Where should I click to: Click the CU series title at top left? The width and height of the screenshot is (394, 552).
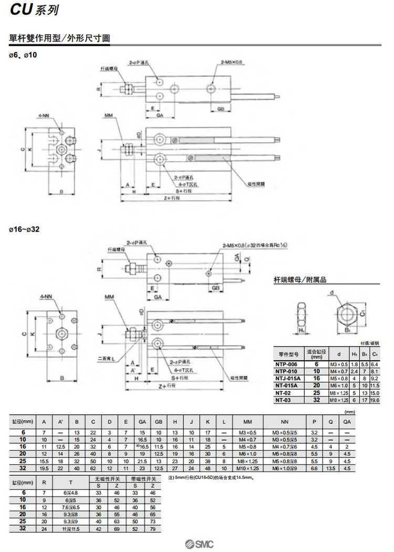pos(34,9)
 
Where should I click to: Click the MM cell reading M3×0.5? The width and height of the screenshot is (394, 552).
pos(247,432)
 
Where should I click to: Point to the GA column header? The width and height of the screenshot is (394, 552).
pos(142,422)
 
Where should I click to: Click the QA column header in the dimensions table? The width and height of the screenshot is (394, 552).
pos(347,422)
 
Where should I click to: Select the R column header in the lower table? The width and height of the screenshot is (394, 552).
pos(44,481)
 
